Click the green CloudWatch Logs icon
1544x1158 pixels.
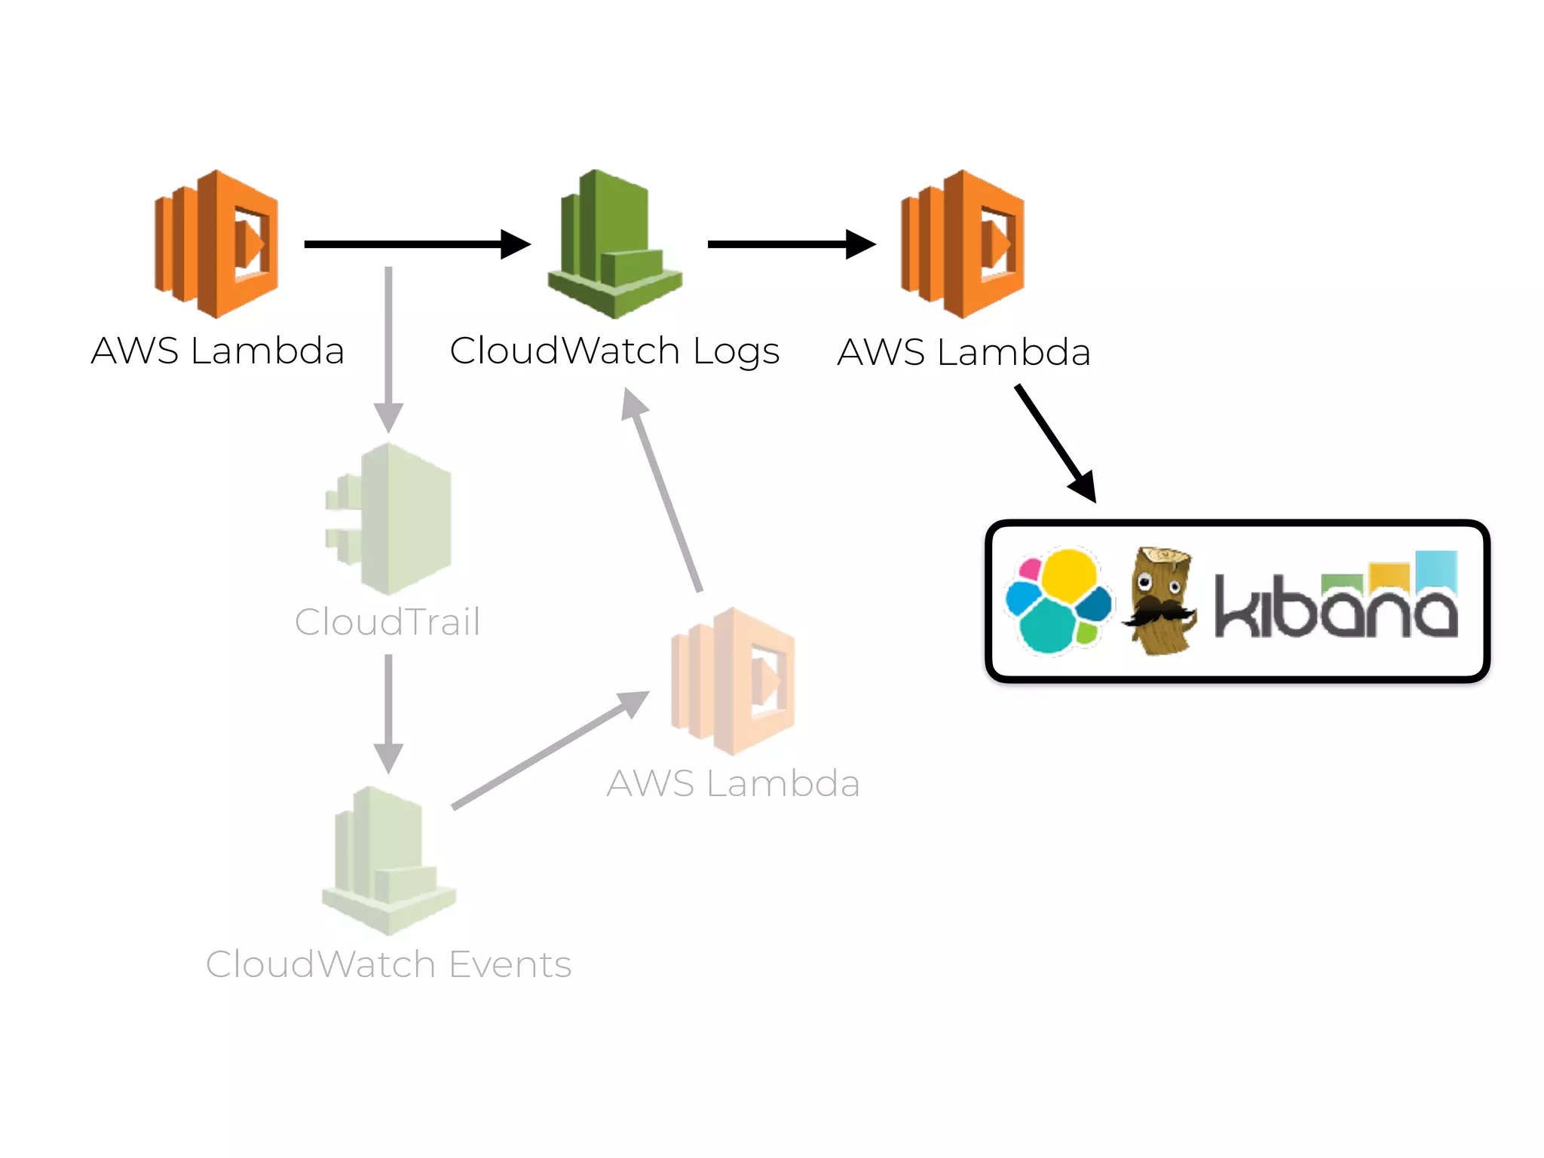(614, 245)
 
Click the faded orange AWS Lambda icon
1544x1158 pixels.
(734, 681)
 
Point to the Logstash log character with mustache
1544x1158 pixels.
(1160, 602)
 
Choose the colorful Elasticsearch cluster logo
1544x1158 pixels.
(1058, 601)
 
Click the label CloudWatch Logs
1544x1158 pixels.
(614, 351)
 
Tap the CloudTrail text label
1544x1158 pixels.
(388, 623)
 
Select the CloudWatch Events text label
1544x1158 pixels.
(388, 964)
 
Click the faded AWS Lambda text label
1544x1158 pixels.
(734, 783)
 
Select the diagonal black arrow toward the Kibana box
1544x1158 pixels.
(1055, 443)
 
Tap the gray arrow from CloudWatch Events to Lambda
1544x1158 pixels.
(550, 750)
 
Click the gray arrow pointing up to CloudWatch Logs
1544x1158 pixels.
(663, 490)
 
